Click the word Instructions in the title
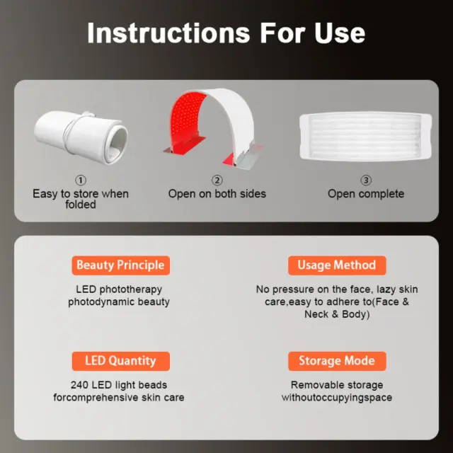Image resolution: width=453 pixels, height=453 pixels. click(x=168, y=33)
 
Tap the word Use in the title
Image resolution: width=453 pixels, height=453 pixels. click(x=340, y=33)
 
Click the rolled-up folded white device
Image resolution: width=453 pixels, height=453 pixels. click(x=81, y=137)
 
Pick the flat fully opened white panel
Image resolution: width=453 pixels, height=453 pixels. click(x=366, y=136)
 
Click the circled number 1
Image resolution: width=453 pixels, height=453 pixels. click(x=81, y=180)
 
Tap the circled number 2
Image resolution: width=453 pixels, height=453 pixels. click(x=217, y=180)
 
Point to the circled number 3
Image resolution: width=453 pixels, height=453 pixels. click(x=366, y=180)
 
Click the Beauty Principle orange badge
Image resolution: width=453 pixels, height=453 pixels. click(x=121, y=265)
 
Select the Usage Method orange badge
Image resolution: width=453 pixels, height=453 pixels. click(x=337, y=265)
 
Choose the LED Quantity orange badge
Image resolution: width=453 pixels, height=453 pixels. click(x=121, y=361)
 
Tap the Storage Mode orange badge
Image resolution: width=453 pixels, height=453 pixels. click(x=337, y=361)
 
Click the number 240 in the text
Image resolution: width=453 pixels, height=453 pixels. click(x=79, y=385)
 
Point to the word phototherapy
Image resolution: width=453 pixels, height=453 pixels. click(x=130, y=289)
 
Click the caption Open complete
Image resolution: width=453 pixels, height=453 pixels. click(x=366, y=194)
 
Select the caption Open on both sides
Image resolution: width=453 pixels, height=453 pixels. click(x=217, y=194)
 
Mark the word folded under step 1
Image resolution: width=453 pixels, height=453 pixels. click(x=81, y=205)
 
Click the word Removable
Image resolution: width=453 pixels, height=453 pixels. click(x=314, y=385)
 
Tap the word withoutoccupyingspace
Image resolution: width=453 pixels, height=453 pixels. click(x=337, y=398)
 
